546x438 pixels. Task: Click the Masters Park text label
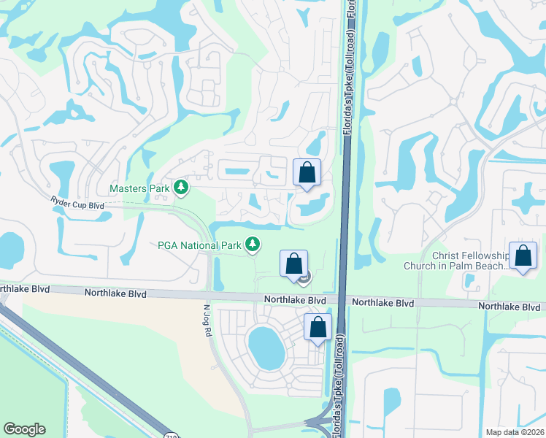click(x=139, y=188)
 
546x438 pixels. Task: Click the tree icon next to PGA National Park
click(x=253, y=244)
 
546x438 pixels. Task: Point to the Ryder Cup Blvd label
click(x=77, y=202)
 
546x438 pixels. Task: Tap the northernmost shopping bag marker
click(x=307, y=173)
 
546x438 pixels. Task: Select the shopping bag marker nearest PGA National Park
click(x=293, y=264)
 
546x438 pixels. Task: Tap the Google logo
click(x=24, y=429)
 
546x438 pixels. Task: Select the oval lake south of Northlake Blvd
click(x=266, y=347)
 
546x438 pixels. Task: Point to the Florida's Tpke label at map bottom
click(x=337, y=394)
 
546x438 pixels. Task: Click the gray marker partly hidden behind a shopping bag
click(x=306, y=276)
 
